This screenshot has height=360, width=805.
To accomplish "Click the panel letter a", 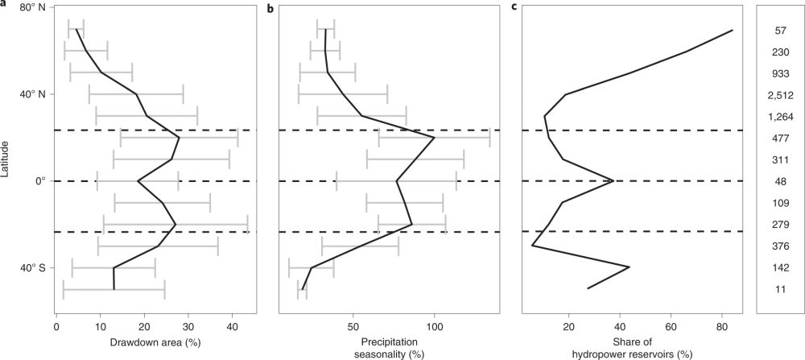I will pyautogui.click(x=4, y=6).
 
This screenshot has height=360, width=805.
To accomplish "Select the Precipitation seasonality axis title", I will pyautogui.click(x=390, y=346).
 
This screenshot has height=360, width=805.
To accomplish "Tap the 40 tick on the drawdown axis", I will pyautogui.click(x=232, y=328).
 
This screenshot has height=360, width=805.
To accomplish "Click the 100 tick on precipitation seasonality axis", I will pyautogui.click(x=434, y=328).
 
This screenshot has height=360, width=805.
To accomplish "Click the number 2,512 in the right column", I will pyautogui.click(x=780, y=95).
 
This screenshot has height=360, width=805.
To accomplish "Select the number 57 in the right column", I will pyautogui.click(x=780, y=31).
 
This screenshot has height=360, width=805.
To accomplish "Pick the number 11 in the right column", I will pyautogui.click(x=780, y=288).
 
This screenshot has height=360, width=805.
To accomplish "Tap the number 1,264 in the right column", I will pyautogui.click(x=780, y=117).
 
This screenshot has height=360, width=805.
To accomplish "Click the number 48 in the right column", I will pyautogui.click(x=780, y=181).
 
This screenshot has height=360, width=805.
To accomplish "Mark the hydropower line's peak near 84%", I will pyautogui.click(x=733, y=31).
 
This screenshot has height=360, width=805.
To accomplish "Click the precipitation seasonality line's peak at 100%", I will pyautogui.click(x=434, y=138).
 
